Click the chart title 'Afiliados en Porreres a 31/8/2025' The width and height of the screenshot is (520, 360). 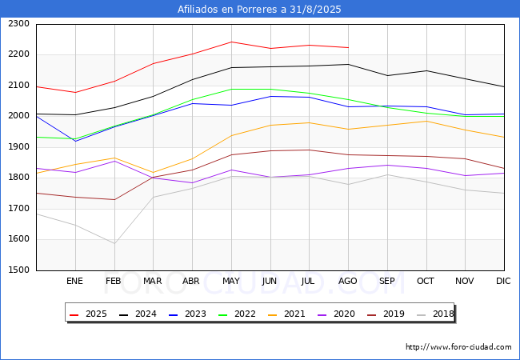click(260, 10)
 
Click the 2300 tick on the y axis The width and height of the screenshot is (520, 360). click(18, 24)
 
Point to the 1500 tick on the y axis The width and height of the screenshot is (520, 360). click(18, 270)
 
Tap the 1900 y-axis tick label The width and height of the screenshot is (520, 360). click(18, 147)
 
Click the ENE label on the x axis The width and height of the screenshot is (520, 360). click(74, 282)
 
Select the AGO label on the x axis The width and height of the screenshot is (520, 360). click(348, 282)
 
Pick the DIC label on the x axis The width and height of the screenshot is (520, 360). click(503, 282)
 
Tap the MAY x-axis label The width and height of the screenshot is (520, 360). click(231, 282)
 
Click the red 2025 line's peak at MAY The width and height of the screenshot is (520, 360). click(231, 42)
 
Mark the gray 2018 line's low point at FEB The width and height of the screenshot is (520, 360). click(114, 244)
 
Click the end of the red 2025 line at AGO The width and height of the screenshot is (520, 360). click(348, 47)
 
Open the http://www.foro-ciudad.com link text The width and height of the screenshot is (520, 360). click(458, 347)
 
